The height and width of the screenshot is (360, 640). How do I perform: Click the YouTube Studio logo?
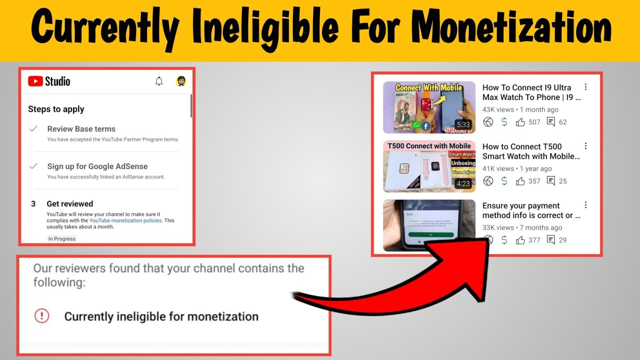point(49,81)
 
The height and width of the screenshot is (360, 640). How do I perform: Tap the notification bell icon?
point(159,81)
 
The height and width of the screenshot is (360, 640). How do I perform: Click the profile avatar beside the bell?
point(181,81)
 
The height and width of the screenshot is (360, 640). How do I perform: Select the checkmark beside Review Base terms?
point(33,129)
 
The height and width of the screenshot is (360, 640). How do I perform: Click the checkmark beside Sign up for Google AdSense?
point(33,166)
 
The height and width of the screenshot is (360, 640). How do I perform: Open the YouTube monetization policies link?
point(125,220)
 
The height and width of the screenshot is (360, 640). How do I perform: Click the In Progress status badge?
point(61,239)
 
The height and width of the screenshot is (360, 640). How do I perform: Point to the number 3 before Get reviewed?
point(33,204)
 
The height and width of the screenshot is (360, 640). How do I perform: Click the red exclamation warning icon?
point(42,316)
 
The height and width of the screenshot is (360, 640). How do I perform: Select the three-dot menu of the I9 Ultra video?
point(585,87)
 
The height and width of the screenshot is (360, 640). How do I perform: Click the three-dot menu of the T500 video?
point(585,146)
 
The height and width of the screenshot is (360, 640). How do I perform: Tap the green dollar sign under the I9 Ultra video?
point(504,122)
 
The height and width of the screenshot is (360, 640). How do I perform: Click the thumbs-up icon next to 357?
point(520,181)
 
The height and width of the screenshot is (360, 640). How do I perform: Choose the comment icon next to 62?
point(551,122)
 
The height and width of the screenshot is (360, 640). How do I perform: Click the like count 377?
point(534,240)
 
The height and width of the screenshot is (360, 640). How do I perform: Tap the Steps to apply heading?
point(56,109)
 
